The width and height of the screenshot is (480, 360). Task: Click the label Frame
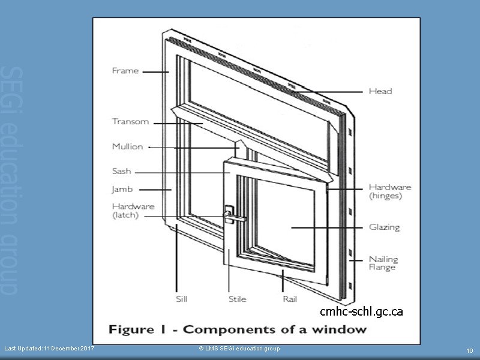pos(125,71)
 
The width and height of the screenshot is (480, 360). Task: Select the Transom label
pos(130,122)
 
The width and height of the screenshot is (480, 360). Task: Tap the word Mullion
pos(128,146)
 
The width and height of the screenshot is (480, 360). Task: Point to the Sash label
pos(121,171)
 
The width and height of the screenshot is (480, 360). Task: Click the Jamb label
pos(122,190)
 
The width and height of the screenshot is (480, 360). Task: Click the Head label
pos(380,91)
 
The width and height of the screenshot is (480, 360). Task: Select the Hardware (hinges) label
pos(389,191)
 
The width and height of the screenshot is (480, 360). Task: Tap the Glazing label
pos(384,227)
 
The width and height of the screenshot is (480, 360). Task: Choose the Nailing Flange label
pos(383,263)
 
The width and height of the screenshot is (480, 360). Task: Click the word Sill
pos(182,299)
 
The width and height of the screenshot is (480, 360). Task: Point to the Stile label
pos(237,299)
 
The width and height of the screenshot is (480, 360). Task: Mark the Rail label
pos(289,299)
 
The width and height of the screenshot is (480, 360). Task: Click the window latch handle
pos(230,216)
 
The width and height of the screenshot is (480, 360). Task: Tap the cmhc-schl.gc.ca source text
pos(361,311)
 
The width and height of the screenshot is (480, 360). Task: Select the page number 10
pos(470,350)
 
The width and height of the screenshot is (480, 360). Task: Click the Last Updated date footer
pos(49,349)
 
